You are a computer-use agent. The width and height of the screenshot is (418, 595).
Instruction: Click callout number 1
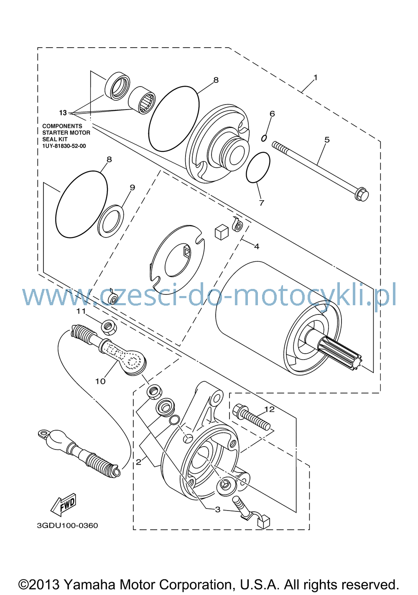pos(315,77)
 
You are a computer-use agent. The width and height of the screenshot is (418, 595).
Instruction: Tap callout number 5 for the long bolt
pos(327,140)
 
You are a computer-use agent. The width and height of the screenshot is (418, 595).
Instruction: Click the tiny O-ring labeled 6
pos(264,138)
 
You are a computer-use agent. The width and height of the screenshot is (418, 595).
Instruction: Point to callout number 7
pos(262,203)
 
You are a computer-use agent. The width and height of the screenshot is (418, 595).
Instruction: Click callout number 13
pos(63,113)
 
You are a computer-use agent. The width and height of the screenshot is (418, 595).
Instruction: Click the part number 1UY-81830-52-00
pos(64,146)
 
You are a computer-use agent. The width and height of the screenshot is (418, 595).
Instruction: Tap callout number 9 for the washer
pos(132,187)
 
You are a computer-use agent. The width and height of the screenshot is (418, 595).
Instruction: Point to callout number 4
pos(257,247)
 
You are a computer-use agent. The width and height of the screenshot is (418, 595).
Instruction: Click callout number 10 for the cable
pos(100,381)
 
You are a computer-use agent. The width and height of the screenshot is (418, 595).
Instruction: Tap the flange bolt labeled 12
pos(251,418)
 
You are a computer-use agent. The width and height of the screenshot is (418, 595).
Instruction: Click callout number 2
pos(138,462)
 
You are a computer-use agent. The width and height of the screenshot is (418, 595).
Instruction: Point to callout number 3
pos(218,509)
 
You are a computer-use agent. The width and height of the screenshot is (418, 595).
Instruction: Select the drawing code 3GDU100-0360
pos(67,526)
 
